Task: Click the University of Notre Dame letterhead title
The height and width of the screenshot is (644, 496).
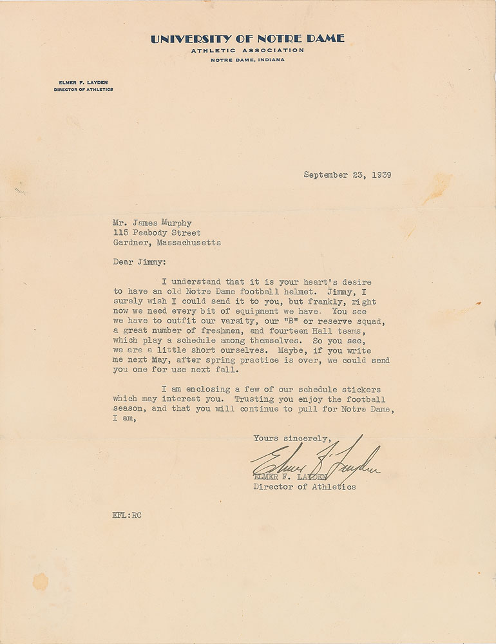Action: coord(247,39)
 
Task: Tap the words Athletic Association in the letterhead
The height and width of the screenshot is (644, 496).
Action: coord(247,50)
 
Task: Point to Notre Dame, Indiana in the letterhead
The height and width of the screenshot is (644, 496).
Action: coord(247,60)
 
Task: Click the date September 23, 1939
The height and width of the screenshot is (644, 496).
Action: coord(348,174)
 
